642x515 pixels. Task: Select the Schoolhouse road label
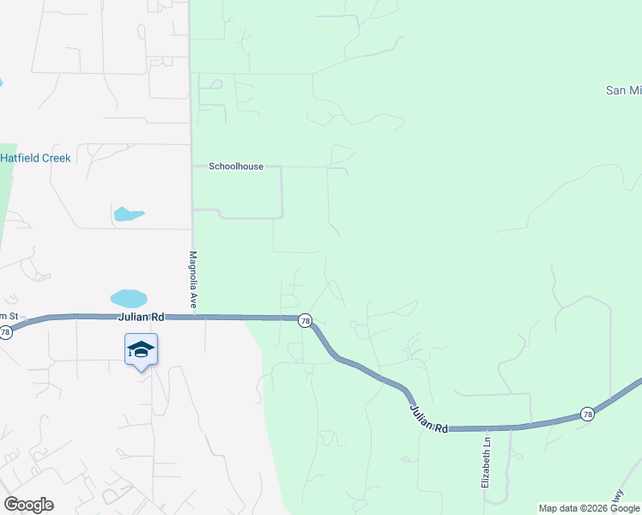coord(236,167)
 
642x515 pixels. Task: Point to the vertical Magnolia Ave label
coord(194,280)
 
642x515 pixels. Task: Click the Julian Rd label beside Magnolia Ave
coord(142,317)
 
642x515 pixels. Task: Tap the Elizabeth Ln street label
coord(486,459)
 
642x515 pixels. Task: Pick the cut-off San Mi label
coord(623,90)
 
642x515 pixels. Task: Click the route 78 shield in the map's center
coord(305,320)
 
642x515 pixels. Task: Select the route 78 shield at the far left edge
coord(6,332)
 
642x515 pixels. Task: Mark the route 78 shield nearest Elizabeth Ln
coord(587,413)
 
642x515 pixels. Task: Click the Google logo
coord(28,505)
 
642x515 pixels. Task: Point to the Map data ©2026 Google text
coord(589,508)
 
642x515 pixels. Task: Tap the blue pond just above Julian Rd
coord(129,299)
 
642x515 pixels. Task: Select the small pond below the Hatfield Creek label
coord(128,214)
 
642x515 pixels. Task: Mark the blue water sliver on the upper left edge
coord(2,84)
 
